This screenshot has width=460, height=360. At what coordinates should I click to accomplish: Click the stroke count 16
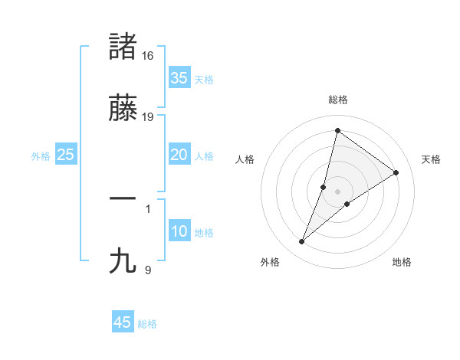coord(148,56)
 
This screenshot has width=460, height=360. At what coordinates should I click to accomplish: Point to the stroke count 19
coord(148,116)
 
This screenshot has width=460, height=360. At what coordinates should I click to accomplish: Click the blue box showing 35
coord(179,77)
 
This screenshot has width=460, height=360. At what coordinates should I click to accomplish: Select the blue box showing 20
coord(179,155)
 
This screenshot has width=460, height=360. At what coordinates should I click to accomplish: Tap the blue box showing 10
coord(179,231)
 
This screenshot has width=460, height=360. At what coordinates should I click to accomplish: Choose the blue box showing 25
coord(65,155)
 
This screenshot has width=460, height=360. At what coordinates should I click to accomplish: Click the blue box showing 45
coord(123,322)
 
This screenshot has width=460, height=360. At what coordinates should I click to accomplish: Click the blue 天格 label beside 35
coord(204,80)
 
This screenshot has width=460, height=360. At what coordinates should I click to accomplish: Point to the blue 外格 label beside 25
coord(41,156)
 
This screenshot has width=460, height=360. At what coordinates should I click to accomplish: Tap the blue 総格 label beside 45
coord(147,324)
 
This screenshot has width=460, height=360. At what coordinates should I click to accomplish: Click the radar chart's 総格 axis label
coord(338,100)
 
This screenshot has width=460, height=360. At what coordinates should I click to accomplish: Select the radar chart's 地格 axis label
coord(402,262)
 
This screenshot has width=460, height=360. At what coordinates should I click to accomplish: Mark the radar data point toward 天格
coord(396,172)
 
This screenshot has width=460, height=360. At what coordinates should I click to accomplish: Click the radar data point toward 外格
coord(302,242)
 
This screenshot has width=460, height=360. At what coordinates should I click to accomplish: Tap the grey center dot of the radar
coord(338,191)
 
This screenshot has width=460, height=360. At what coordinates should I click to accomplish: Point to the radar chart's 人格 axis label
coord(245,159)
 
